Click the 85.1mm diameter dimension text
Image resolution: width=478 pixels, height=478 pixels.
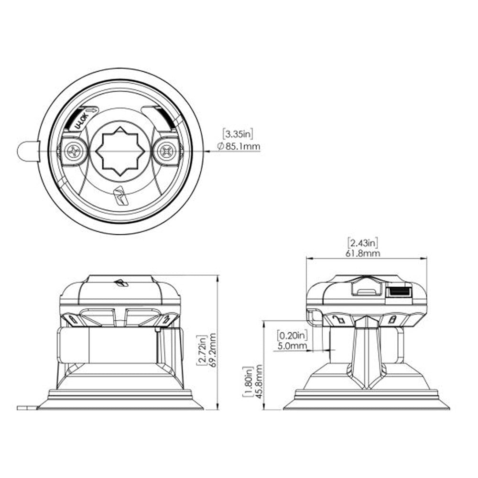click(x=239, y=147)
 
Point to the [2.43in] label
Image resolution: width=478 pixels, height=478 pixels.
click(x=365, y=242)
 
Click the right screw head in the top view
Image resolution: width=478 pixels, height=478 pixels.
click(x=167, y=152)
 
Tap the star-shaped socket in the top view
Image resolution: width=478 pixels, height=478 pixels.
click(x=121, y=151)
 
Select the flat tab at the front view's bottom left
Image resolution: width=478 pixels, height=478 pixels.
click(x=27, y=408)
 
